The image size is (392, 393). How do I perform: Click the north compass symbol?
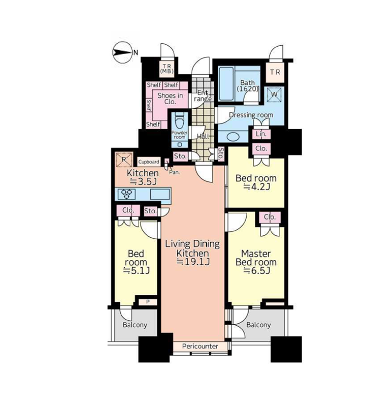(x=122, y=53)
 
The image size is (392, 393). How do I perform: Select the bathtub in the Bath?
(x=226, y=84)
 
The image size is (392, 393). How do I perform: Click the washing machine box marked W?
(x=274, y=94)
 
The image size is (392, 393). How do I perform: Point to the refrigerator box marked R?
(x=124, y=159)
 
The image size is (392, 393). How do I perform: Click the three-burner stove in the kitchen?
(x=127, y=194)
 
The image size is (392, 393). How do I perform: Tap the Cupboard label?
(x=149, y=162)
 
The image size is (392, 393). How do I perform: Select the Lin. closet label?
(x=261, y=134)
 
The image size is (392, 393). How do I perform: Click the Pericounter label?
(x=200, y=346)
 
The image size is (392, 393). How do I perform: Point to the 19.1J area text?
(x=193, y=262)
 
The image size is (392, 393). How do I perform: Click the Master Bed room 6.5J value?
(x=257, y=271)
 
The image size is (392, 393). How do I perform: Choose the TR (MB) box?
(x=167, y=68)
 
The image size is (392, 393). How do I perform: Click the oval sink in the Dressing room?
(x=233, y=138)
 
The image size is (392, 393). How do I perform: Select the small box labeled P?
(x=148, y=302)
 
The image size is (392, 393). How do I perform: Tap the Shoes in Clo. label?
(x=170, y=99)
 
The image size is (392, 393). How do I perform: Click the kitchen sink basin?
(x=160, y=194)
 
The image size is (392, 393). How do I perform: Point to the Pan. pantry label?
(x=174, y=172)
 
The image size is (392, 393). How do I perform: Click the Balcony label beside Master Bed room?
(x=258, y=325)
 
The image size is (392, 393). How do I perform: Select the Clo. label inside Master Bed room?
(x=270, y=217)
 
